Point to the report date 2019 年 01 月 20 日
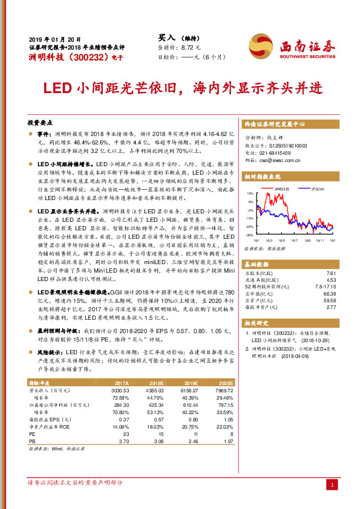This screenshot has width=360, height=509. pyautogui.click(x=54, y=38)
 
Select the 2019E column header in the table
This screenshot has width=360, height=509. pyautogui.click(x=192, y=383)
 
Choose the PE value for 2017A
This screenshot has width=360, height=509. pyautogui.click(x=125, y=434)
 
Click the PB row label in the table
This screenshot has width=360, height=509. pyautogui.click(x=33, y=441)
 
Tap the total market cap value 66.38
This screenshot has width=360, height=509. pyautogui.click(x=330, y=293)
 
